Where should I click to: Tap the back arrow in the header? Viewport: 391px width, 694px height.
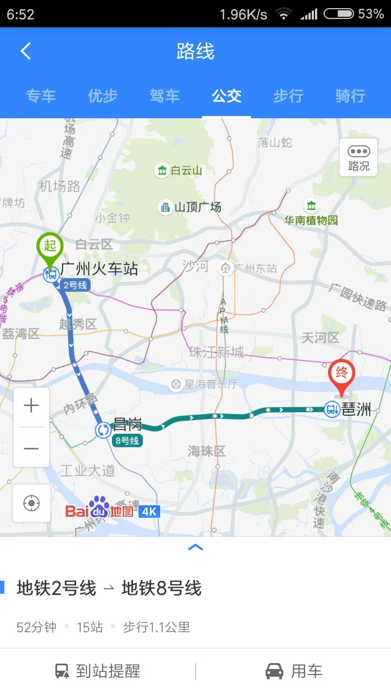click(26, 52)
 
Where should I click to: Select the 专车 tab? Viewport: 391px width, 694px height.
click(41, 96)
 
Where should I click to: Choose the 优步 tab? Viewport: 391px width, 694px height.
click(103, 96)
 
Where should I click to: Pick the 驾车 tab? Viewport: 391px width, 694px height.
click(165, 96)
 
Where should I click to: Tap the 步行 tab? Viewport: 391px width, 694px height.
click(288, 96)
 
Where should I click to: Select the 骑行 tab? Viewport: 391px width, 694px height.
click(350, 96)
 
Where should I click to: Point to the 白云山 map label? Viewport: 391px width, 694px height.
click(179, 170)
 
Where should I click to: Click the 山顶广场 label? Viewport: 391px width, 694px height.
click(191, 207)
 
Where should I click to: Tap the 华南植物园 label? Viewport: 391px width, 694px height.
click(311, 220)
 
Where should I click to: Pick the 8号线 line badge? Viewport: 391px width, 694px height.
click(127, 440)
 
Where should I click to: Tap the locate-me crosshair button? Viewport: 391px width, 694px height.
click(31, 503)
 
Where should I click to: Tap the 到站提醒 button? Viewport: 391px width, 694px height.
click(98, 671)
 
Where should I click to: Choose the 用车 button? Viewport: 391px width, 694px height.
click(294, 671)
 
